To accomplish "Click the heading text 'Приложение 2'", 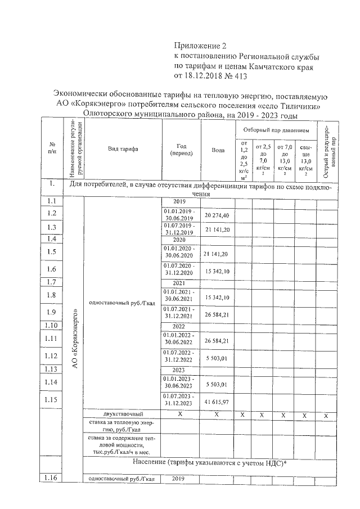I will tap(200, 46).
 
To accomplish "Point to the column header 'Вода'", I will tap(218, 150).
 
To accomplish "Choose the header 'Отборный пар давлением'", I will tap(276, 130).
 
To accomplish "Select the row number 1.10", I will tap(52, 326).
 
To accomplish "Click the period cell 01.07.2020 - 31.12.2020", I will tap(178, 268).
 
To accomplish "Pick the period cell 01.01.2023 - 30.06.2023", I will tap(178, 384).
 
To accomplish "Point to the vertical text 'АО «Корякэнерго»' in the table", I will tap(75, 337).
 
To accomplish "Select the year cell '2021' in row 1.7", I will tap(178, 282).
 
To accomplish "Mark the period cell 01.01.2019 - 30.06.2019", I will tap(178, 215).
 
